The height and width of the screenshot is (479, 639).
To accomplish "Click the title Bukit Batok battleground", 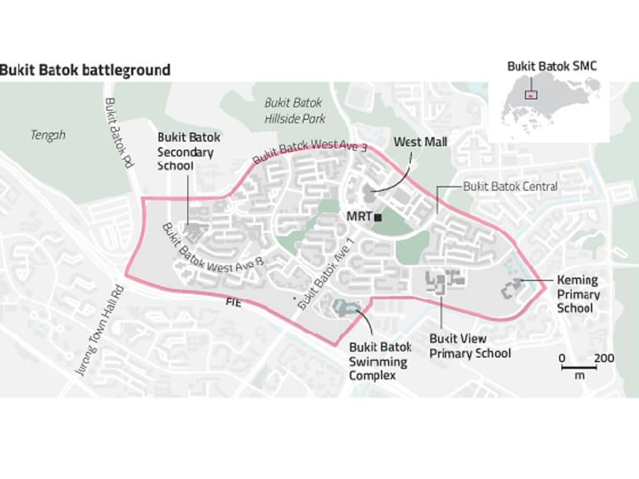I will click(85, 70).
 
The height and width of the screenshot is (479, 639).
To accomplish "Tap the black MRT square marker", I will click(378, 218).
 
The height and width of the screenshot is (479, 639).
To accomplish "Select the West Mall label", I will click(420, 142).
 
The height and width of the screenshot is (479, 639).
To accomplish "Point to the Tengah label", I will click(48, 136).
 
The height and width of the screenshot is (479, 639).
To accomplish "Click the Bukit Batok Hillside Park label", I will click(295, 110).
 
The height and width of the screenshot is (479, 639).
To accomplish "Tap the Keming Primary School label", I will click(577, 294).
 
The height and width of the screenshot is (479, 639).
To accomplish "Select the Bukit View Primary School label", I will click(470, 346).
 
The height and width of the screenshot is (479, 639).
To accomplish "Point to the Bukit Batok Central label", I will click(510, 187).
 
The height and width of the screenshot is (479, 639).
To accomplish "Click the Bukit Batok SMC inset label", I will click(551, 67).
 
